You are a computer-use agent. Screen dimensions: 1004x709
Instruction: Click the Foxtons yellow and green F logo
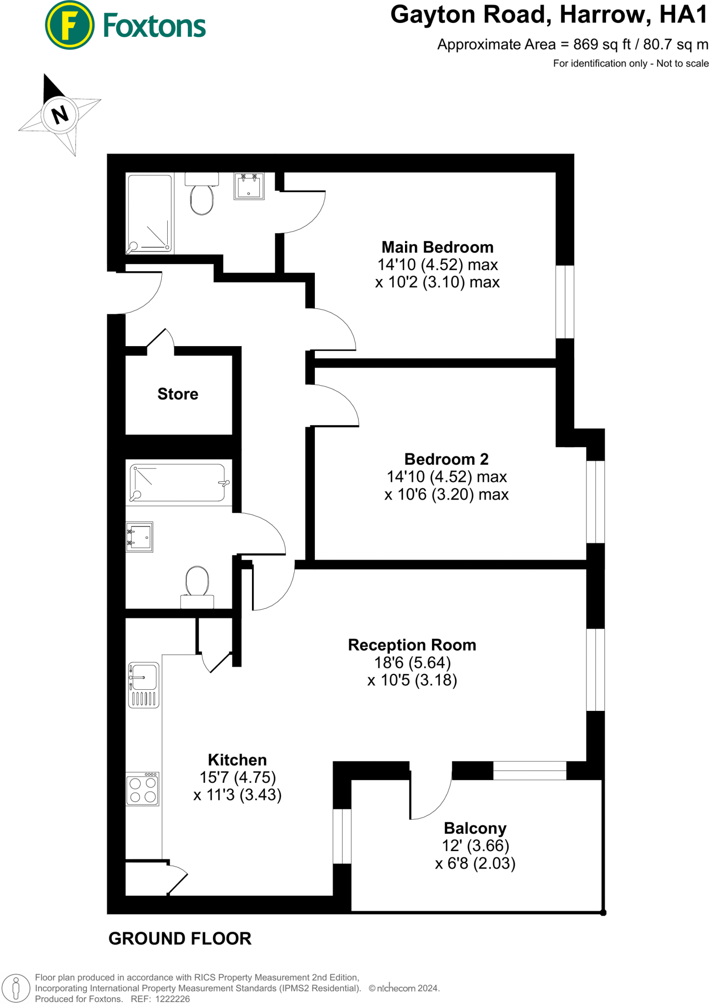[69, 25]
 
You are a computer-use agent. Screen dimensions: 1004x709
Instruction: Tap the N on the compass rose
[60, 115]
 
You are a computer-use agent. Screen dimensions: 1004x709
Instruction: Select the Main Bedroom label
[437, 247]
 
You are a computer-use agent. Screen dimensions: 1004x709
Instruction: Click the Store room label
[177, 394]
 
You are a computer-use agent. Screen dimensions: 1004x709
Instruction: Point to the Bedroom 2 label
[446, 459]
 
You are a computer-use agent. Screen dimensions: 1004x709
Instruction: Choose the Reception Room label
[412, 645]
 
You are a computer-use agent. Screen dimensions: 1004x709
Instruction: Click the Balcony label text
[475, 828]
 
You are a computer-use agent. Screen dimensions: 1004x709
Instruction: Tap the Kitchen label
[237, 760]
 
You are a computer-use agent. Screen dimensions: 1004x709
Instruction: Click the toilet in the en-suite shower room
[202, 196]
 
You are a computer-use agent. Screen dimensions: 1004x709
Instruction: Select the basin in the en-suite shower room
[249, 186]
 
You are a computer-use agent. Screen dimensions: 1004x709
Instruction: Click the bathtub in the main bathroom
[177, 483]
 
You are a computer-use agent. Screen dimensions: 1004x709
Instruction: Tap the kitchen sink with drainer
[144, 684]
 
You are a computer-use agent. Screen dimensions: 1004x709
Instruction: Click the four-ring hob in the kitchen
[143, 789]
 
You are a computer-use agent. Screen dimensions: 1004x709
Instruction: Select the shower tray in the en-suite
[150, 213]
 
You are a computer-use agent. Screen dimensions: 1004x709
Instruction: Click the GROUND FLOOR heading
[179, 938]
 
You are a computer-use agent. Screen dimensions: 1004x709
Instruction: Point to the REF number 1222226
[172, 999]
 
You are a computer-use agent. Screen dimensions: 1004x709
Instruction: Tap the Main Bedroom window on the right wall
[565, 301]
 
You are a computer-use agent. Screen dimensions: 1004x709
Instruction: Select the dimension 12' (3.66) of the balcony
[476, 846]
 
